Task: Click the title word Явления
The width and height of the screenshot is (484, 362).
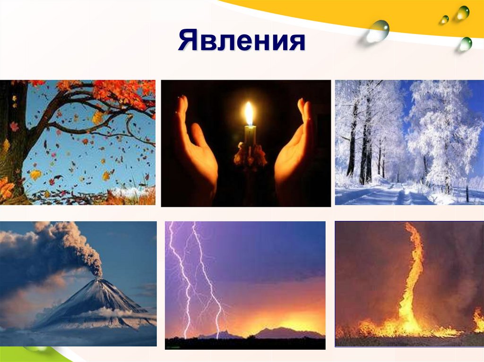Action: point(242,41)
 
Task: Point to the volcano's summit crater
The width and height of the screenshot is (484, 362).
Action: point(99,279)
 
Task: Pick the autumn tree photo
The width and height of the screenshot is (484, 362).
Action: point(78,143)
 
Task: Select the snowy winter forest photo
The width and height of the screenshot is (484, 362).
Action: point(410,143)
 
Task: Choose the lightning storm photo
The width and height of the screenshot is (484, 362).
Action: point(245,285)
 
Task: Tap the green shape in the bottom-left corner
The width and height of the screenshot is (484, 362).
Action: point(46,354)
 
